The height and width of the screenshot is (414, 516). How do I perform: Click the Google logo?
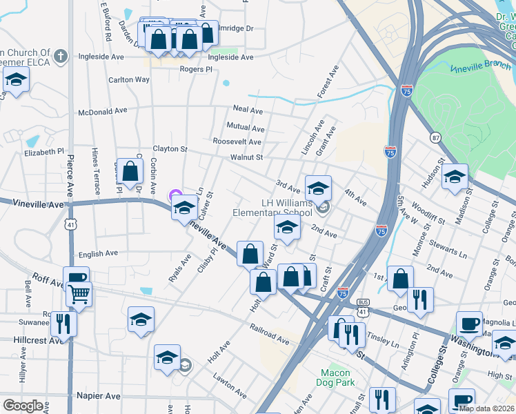(23, 406)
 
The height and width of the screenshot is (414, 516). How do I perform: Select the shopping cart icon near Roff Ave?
(79, 295)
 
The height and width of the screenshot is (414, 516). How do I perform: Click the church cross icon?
(61, 56)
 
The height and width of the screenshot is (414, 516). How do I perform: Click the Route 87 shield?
(435, 137)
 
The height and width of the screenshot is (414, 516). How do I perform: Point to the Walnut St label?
(247, 157)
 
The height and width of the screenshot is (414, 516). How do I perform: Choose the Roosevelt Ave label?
(237, 142)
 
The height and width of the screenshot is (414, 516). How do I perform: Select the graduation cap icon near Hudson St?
(455, 177)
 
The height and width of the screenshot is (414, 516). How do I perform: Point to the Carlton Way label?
(129, 80)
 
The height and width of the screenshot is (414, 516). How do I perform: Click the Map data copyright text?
(486, 408)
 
